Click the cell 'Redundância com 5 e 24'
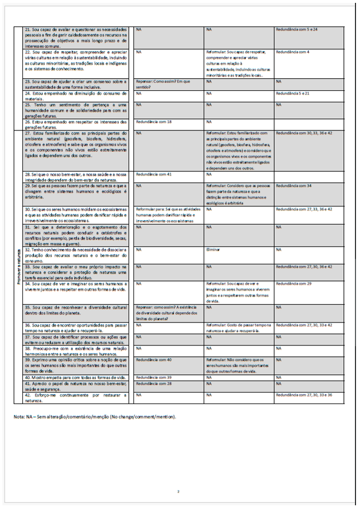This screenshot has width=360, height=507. click(296, 28)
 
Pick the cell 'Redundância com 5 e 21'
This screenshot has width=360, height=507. click(296, 93)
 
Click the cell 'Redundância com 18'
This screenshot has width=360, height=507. click(154, 122)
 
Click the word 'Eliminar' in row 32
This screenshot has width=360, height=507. click(213, 250)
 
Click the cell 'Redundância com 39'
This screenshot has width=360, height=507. click(154, 377)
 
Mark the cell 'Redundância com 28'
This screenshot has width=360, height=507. click(154, 383)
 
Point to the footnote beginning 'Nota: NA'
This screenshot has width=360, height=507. click(95, 417)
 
